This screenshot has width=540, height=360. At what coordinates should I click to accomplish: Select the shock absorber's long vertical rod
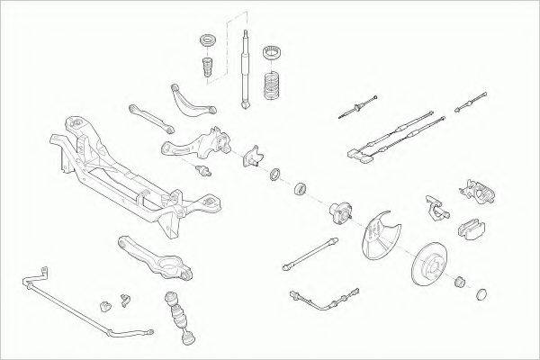tap(246, 72)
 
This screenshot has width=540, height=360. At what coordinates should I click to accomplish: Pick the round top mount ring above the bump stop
tap(205, 41)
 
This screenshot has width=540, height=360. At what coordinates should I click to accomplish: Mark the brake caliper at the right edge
tap(478, 191)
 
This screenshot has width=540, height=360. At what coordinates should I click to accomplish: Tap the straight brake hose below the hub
tap(310, 255)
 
